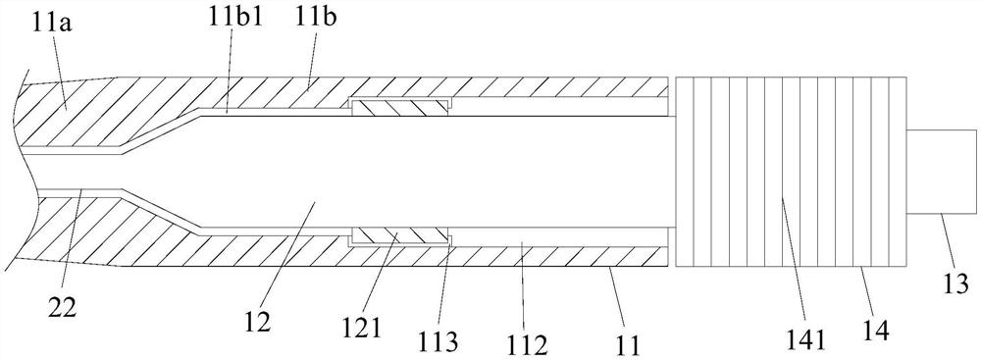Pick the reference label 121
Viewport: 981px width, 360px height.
[362, 328]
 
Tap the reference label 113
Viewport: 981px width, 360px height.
[439, 338]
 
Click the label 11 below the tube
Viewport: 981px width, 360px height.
[630, 343]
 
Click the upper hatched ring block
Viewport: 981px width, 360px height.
[400, 109]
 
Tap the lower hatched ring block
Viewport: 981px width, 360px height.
[401, 236]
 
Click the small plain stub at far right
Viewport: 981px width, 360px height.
[941, 171]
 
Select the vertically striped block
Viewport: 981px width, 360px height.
[792, 171]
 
